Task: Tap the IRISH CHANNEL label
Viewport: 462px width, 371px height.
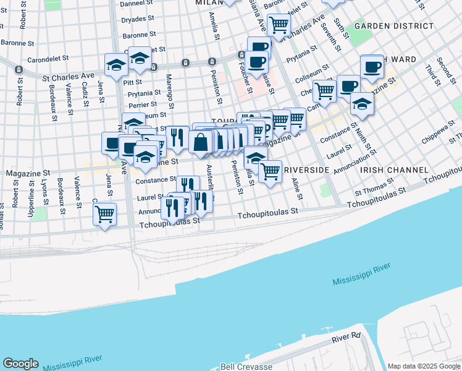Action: coord(394,169)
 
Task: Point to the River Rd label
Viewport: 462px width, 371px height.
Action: coord(346,338)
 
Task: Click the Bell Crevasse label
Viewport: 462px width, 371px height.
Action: coord(246,367)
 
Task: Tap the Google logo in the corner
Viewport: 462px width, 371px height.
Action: coord(20,364)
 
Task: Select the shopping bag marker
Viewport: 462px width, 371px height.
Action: coord(202,142)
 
